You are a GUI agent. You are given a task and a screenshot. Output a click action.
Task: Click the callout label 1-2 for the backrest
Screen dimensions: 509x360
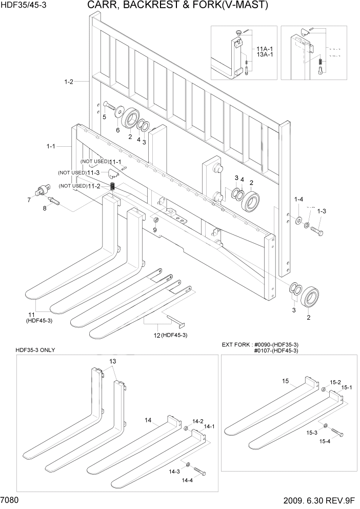69,81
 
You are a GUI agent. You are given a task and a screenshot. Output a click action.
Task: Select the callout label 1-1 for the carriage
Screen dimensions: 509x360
50,146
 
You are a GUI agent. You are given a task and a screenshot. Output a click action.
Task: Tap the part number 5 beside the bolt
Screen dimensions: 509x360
104,117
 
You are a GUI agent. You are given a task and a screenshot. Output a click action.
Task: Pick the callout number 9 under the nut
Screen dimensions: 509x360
155,229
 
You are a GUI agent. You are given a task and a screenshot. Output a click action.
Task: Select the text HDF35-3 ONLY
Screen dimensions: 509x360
35,350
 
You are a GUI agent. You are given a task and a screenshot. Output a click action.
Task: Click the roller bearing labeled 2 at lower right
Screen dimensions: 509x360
310,298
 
